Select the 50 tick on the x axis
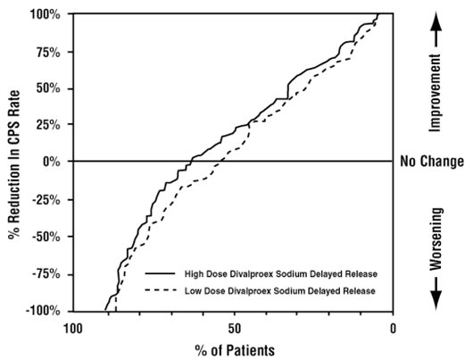[234, 327]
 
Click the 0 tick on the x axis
[394, 327]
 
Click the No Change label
[432, 162]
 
